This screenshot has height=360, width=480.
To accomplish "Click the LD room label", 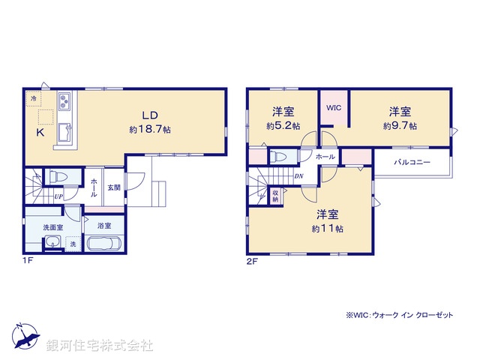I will tap(150, 115).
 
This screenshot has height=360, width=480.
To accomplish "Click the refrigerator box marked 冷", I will tap(34, 98).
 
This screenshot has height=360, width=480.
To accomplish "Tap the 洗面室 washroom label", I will tap(52, 226).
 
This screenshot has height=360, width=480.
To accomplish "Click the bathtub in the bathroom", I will tap(103, 244).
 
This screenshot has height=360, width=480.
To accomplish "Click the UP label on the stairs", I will tap(58, 196).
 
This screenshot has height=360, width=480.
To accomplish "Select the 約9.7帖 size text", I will tap(400, 126).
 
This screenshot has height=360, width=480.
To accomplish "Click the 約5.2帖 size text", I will tap(283, 126).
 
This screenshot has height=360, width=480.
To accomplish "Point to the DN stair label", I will tap(298, 177).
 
